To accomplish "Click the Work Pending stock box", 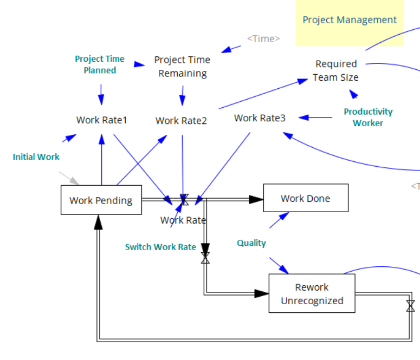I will click(101, 200).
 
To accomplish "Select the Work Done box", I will click(305, 198).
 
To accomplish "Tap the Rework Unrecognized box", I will click(312, 293).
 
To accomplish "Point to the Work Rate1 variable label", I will click(101, 120).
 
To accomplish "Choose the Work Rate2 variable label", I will click(181, 121).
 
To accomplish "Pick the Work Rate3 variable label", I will click(260, 117).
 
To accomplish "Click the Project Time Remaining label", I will click(182, 67).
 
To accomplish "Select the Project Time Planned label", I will click(100, 64).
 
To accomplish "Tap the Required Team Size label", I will click(336, 70).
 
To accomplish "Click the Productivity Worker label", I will click(368, 117).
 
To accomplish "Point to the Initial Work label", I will click(36, 157).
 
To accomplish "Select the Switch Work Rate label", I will click(160, 247).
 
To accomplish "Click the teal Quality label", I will click(251, 243).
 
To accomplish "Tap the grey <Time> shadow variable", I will click(263, 39).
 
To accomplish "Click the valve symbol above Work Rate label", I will click(184, 200).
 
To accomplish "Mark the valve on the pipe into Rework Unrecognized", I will click(205, 258).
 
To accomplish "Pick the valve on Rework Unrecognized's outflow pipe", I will click(410, 306).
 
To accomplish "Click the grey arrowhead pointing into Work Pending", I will click(75, 181).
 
